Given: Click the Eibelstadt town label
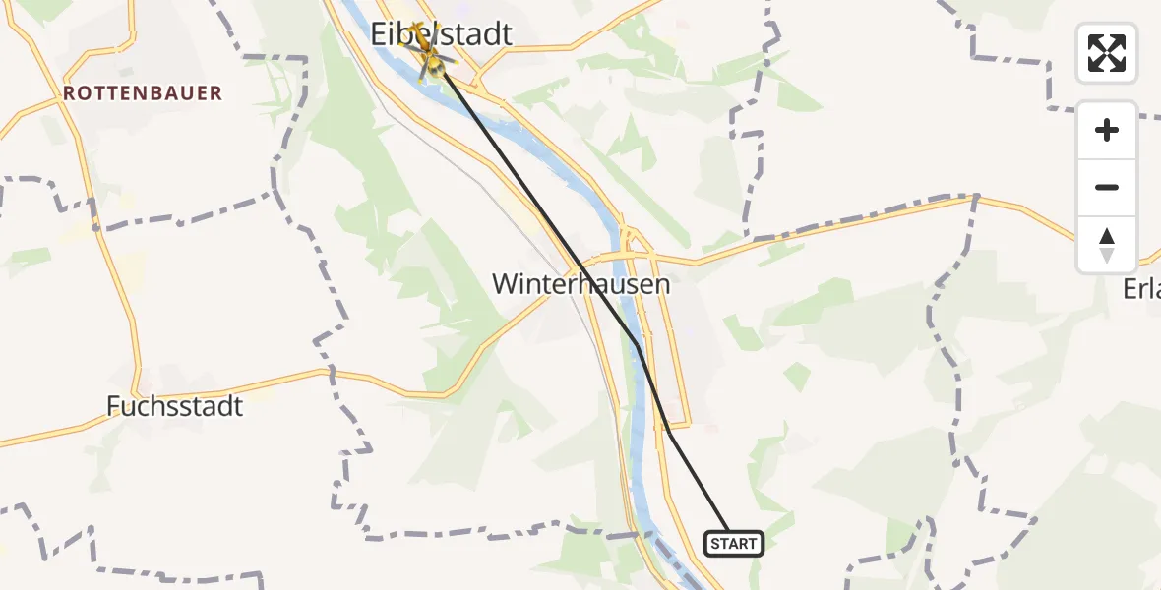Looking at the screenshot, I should (x=442, y=34).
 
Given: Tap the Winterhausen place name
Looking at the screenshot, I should (x=580, y=285).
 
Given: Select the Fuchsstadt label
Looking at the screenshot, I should (x=174, y=406).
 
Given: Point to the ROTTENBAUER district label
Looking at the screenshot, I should (x=143, y=93).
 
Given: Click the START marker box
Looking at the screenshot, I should (x=734, y=544).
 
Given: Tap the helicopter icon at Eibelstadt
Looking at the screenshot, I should (x=430, y=57).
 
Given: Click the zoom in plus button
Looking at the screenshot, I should (x=1107, y=130).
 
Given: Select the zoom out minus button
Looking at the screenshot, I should (x=1107, y=187).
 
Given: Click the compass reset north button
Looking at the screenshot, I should (x=1107, y=244).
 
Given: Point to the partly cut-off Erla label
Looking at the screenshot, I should (x=1141, y=288).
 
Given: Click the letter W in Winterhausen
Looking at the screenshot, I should (x=504, y=285).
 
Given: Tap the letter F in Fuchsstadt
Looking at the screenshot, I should (x=114, y=406).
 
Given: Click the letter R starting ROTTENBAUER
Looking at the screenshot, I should (x=69, y=93).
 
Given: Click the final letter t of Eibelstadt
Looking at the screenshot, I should (x=507, y=34).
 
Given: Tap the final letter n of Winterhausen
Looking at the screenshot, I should (x=663, y=285).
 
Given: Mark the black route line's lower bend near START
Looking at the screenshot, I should (x=669, y=431).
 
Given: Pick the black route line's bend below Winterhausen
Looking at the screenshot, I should (x=638, y=344).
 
